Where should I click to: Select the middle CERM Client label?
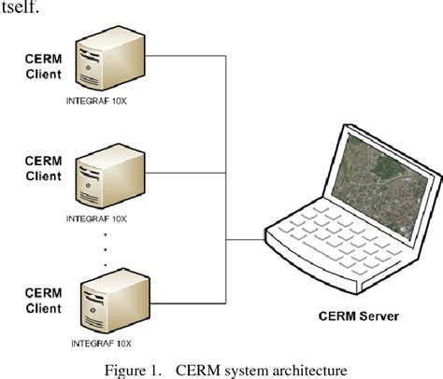click(x=41, y=168)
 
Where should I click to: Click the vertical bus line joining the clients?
click(x=226, y=187)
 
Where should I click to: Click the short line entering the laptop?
click(x=245, y=240)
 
